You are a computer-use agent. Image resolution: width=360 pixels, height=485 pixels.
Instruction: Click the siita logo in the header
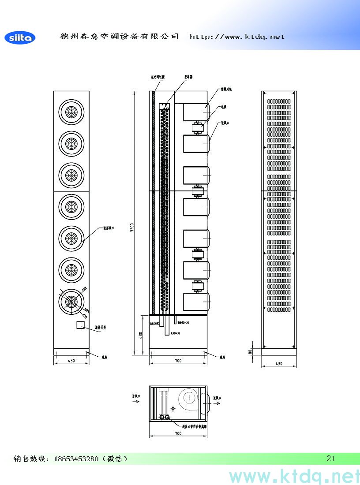coord(20,38)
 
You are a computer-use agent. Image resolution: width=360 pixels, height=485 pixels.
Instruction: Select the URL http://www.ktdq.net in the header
coord(237,37)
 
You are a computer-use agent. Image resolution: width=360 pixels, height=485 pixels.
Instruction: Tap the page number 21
coord(331,459)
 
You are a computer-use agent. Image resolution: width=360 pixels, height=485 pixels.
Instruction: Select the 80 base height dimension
coord(250,351)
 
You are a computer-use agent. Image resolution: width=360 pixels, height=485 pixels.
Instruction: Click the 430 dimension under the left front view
coord(71,360)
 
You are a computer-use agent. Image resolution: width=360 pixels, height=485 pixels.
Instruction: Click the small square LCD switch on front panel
coord(80,325)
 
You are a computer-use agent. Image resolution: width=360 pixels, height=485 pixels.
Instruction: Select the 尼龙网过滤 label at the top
coord(157,77)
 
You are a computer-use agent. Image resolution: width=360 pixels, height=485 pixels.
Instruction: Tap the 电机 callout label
coord(224,107)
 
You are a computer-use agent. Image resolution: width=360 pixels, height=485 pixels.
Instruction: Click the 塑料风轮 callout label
coord(226,90)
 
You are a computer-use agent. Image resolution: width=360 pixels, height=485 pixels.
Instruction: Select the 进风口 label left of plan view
coord(136,397)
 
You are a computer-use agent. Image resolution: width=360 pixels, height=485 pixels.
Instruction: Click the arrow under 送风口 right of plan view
coord(217,403)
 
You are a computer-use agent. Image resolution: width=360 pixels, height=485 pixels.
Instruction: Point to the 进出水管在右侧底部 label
coord(195,426)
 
